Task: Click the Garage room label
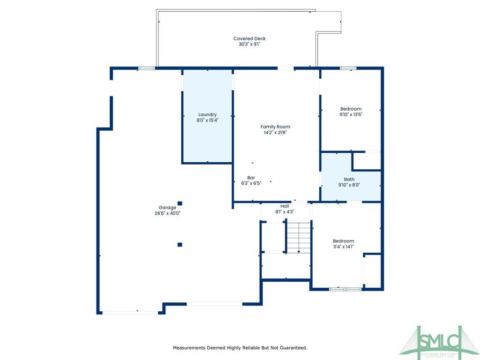(x=167, y=207)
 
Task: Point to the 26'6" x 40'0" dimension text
(x=167, y=213)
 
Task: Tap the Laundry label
(x=207, y=114)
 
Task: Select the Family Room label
(x=275, y=127)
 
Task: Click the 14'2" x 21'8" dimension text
(x=275, y=132)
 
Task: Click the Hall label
(x=285, y=206)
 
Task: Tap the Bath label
(x=349, y=179)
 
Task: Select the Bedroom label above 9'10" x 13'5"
(x=351, y=109)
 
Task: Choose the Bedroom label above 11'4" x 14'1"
(x=343, y=241)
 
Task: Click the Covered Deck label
(x=249, y=38)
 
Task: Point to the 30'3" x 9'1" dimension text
(x=249, y=45)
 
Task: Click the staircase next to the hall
(x=299, y=238)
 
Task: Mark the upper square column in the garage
(x=180, y=203)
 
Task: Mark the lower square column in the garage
(x=180, y=244)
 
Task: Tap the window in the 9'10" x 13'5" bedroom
(x=348, y=68)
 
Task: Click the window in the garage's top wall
(x=146, y=68)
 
